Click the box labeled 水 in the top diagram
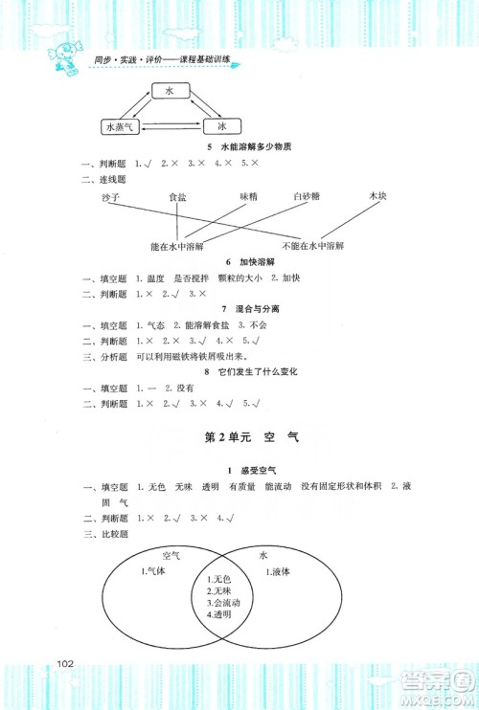coord(168,91)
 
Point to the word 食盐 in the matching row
coord(177,196)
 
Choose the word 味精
coord(249,196)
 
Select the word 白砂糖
coord(308,196)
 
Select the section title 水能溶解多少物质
coord(254,147)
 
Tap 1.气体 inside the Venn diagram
coord(155,571)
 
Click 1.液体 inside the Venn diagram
coord(282,572)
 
